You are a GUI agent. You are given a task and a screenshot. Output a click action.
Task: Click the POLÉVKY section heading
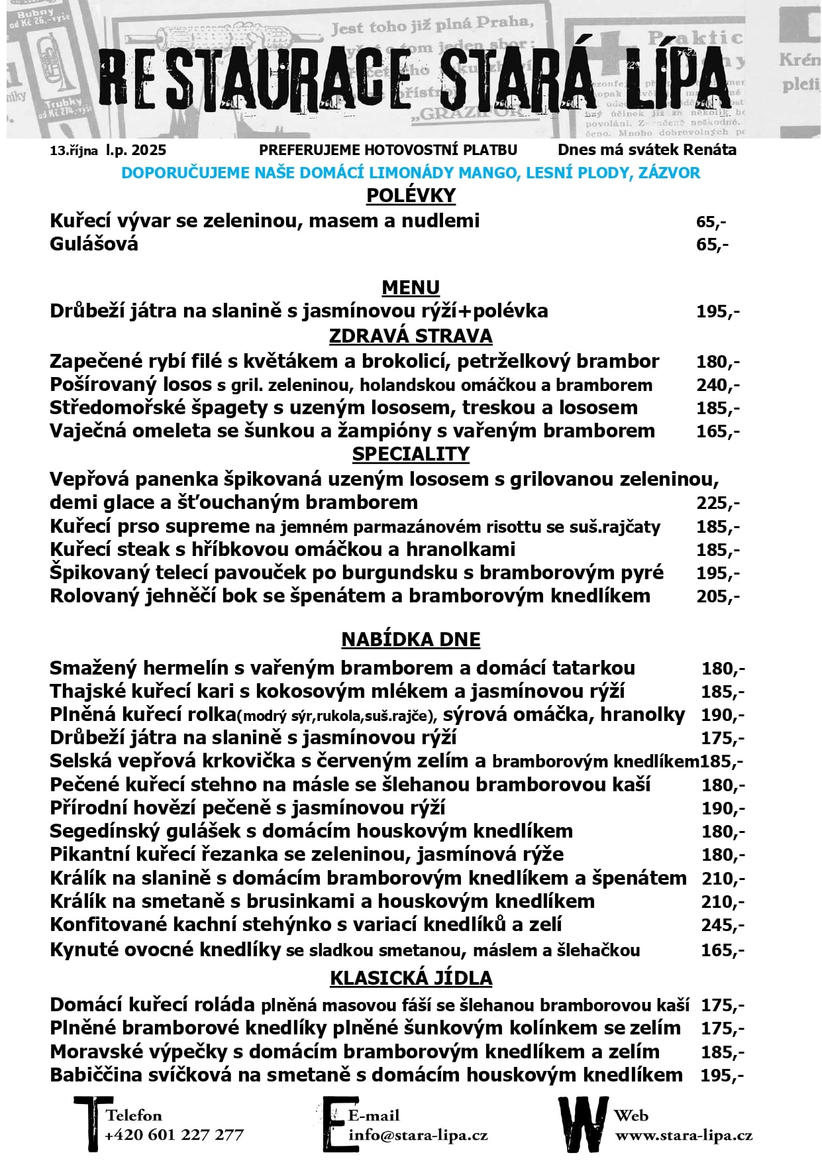411,195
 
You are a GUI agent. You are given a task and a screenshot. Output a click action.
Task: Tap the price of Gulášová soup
712,245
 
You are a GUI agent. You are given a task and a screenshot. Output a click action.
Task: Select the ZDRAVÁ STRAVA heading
411,336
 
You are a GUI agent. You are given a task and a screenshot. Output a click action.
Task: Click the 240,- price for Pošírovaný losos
718,385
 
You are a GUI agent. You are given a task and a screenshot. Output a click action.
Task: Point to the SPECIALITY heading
411,454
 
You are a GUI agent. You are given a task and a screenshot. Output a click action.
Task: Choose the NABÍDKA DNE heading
411,639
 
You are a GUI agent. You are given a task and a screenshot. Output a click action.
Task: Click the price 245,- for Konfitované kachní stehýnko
723,925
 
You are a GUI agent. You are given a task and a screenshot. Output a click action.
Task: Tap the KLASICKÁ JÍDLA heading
411,978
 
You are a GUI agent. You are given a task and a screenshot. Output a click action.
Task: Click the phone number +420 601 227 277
174,1135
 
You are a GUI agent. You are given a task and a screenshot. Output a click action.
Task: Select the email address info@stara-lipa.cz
418,1135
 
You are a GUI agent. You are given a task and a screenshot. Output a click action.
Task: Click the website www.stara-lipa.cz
684,1135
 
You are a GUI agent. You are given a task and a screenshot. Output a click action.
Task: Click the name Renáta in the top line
710,150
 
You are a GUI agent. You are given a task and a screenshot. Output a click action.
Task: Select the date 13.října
74,150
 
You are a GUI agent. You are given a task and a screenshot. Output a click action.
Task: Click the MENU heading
411,288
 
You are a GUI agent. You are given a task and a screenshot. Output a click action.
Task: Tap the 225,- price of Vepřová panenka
718,503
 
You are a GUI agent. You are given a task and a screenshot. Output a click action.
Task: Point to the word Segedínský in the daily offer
97,832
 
